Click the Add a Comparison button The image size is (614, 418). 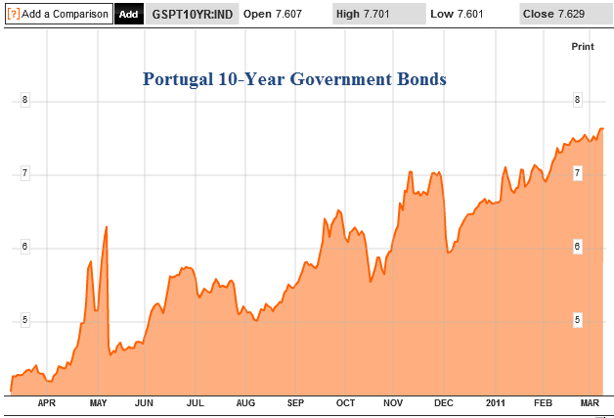coord(58,14)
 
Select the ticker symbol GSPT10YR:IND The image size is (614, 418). coord(193,15)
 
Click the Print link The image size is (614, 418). coord(582,46)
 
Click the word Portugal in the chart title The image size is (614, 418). coord(176,78)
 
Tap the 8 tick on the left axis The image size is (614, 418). coord(25,100)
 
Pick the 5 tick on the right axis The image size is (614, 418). coord(578,320)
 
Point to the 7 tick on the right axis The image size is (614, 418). coord(578,173)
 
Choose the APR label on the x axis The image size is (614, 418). coord(46,402)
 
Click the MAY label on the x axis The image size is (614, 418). coord(98,402)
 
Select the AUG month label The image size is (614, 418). coord(245,402)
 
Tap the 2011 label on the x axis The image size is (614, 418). coord(497,402)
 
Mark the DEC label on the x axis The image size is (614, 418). coord(444,402)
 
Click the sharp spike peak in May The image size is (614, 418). coord(106,227)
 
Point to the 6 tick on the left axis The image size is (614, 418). coord(25,247)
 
